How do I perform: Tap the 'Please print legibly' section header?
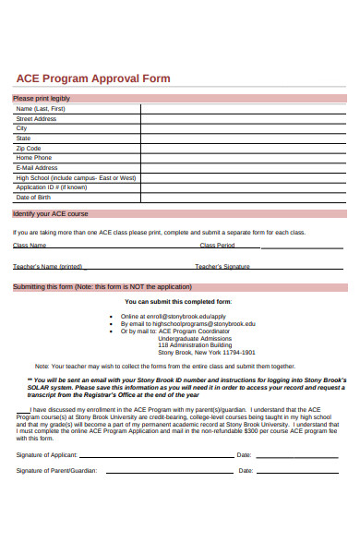(x=42, y=98)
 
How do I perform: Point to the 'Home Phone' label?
(x=35, y=158)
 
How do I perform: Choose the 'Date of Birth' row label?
(x=33, y=197)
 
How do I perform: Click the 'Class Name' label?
(x=30, y=246)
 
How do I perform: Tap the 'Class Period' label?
(x=217, y=246)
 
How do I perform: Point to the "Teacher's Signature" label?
(x=222, y=266)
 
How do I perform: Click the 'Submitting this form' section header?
(x=96, y=286)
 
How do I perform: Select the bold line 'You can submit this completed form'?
(x=178, y=301)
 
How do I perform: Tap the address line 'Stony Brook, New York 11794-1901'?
(x=194, y=352)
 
